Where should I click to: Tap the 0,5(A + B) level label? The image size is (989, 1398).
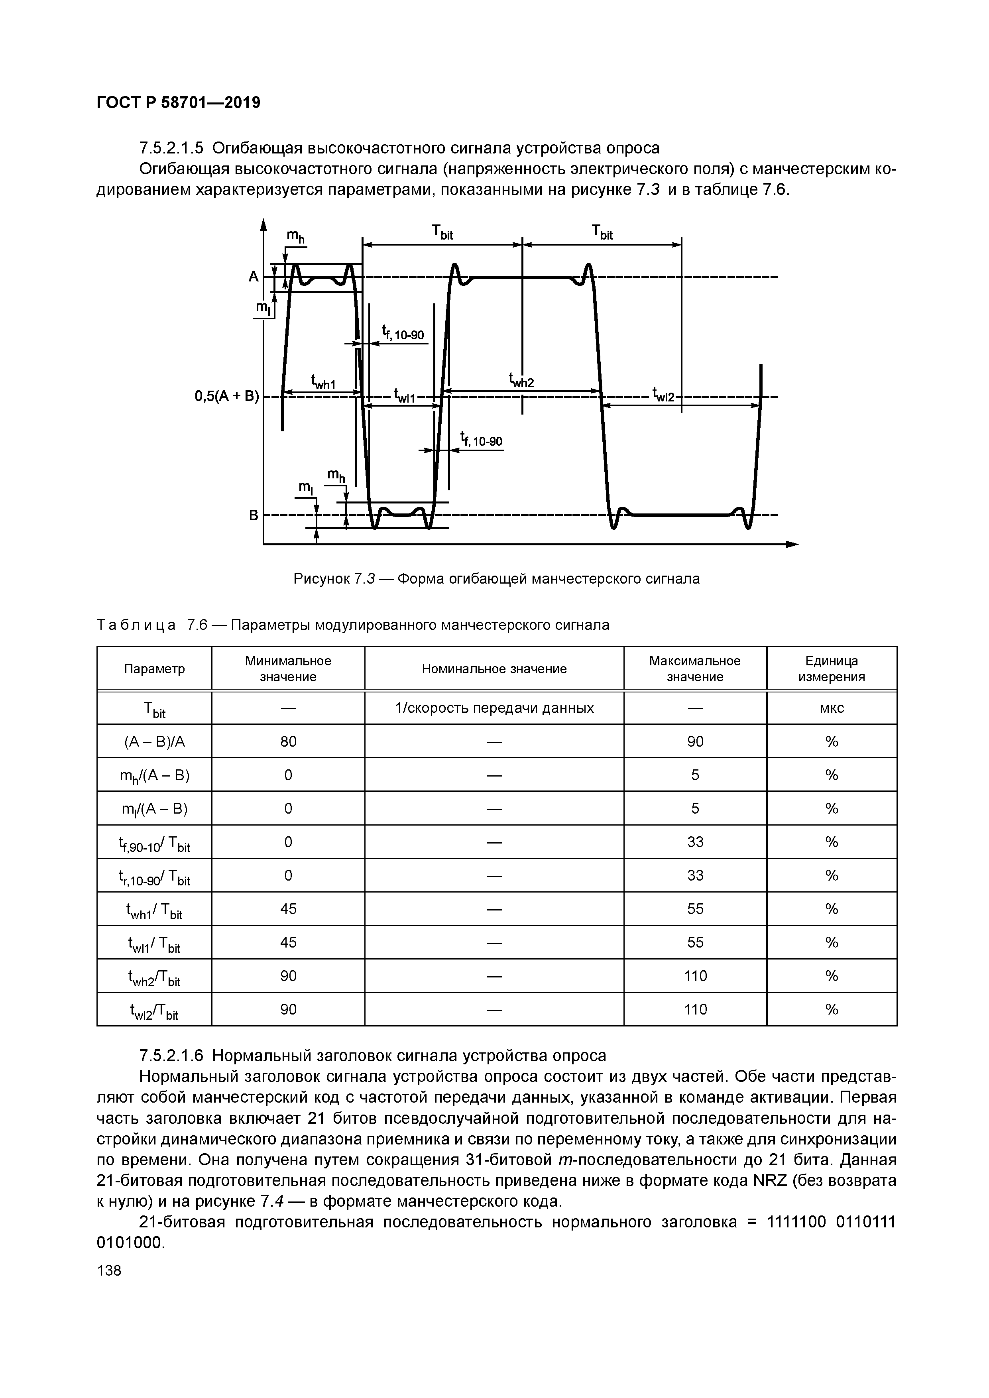pyautogui.click(x=226, y=397)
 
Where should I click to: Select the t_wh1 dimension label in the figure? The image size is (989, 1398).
pyautogui.click(x=323, y=382)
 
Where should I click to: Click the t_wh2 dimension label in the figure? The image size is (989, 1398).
pyautogui.click(x=521, y=381)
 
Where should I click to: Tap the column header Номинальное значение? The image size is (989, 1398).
pyautogui.click(x=494, y=669)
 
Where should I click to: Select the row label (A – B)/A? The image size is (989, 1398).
pyautogui.click(x=154, y=741)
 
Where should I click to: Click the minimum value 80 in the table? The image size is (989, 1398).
pyautogui.click(x=288, y=741)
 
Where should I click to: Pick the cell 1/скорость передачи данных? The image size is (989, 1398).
pyautogui.click(x=494, y=708)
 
